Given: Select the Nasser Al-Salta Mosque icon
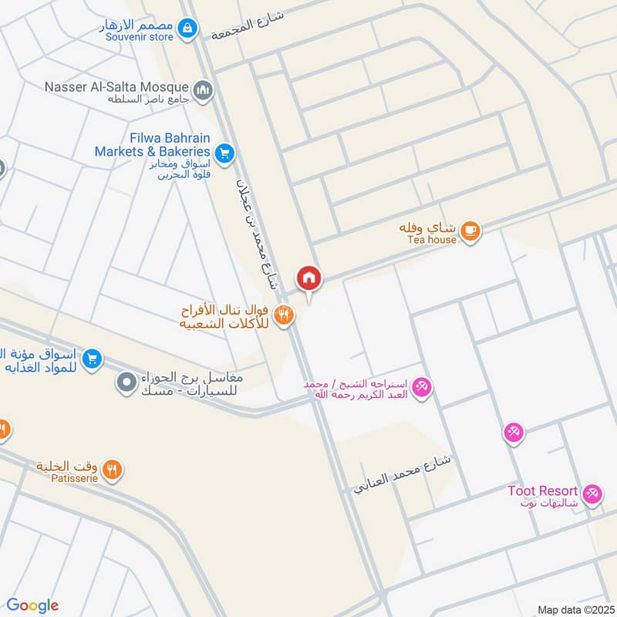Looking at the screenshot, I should pos(203,91).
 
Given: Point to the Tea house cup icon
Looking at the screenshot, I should pos(470,230).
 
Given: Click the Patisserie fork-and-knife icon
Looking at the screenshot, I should pos(113,468).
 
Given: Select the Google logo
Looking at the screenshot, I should pos(32,605).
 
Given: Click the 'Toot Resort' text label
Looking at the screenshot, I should pos(542,491).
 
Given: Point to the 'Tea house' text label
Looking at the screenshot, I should pos(432,240).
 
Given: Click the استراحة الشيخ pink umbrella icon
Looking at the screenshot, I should pos(421,386).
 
